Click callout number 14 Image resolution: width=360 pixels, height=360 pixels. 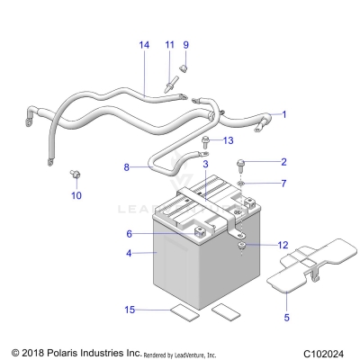(x=143, y=44)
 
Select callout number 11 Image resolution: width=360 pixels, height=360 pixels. (x=168, y=44)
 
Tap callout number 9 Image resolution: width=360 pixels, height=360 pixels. (x=186, y=44)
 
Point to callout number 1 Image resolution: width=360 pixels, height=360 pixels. (x=284, y=114)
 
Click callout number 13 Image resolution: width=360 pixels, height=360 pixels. (x=228, y=140)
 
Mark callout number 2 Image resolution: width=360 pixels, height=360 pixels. (x=283, y=162)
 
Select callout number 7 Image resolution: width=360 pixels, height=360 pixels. (x=283, y=184)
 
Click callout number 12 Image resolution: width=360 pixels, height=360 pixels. (x=283, y=246)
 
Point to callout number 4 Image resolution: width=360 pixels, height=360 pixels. (x=129, y=254)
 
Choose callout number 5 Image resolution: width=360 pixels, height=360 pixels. (x=286, y=317)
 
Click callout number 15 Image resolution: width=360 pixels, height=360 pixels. (x=129, y=310)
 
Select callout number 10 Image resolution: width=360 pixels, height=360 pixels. (x=76, y=194)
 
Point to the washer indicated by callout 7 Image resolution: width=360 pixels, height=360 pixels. (x=240, y=184)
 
